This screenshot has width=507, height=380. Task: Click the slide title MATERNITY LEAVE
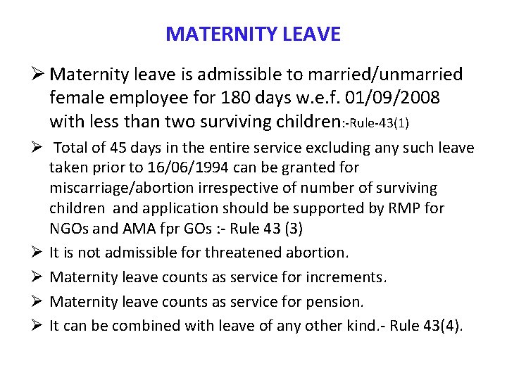tap(253, 34)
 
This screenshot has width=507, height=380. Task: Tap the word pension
tap(337, 302)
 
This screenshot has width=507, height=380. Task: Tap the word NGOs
tap(68, 229)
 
